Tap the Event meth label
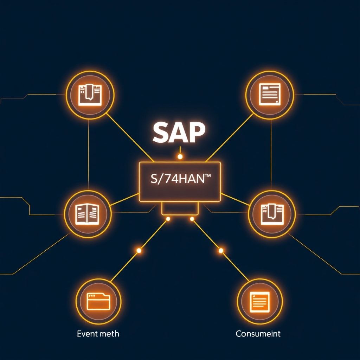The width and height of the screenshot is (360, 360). tap(98, 333)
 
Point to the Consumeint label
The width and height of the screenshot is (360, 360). tap(258, 333)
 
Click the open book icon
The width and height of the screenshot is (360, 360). tap(88, 214)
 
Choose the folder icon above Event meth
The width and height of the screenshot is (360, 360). tap(98, 302)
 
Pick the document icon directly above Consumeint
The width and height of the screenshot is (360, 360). tap(259, 302)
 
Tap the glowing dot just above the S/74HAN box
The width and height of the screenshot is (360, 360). tap(180, 156)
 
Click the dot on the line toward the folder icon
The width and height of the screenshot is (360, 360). tap(139, 251)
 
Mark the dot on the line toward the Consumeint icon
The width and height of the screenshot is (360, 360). tap(221, 251)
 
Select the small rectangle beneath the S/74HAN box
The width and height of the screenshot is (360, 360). tap(180, 208)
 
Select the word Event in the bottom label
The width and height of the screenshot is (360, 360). tap(86, 333)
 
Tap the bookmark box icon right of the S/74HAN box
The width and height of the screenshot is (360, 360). tap(272, 214)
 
